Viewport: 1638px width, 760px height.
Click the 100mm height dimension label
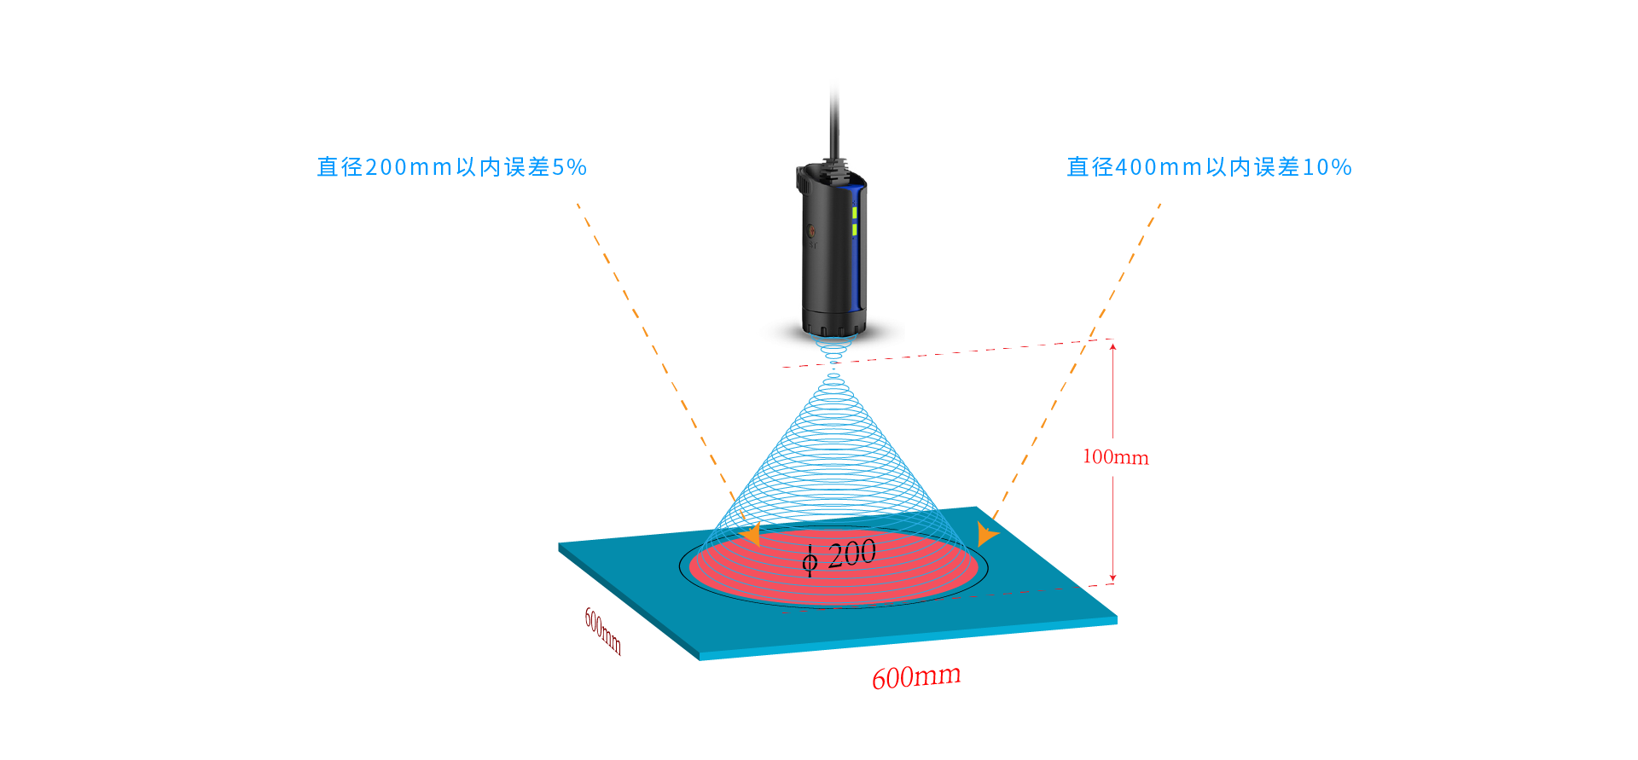pyautogui.click(x=1115, y=457)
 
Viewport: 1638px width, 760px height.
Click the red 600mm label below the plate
pyautogui.click(x=916, y=677)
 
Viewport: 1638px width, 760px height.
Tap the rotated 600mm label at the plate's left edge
pyautogui.click(x=602, y=631)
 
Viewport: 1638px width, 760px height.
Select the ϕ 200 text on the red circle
pyautogui.click(x=839, y=555)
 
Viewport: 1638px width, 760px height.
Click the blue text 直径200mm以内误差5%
pyautogui.click(x=451, y=167)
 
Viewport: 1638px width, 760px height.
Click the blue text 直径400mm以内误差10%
pyautogui.click(x=1209, y=167)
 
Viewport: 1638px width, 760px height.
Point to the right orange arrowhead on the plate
pyautogui.click(x=986, y=534)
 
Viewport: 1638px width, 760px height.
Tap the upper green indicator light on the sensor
pyautogui.click(x=854, y=212)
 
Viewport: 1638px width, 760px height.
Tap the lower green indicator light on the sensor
pyautogui.click(x=854, y=229)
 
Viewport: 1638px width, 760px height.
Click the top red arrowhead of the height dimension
pyautogui.click(x=1112, y=345)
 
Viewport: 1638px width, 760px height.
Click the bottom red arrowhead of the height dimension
pyautogui.click(x=1112, y=577)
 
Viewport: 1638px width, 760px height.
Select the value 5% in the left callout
pyautogui.click(x=569, y=167)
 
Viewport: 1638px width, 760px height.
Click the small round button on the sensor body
pyautogui.click(x=811, y=230)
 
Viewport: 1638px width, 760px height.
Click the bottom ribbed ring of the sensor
pyautogui.click(x=834, y=328)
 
